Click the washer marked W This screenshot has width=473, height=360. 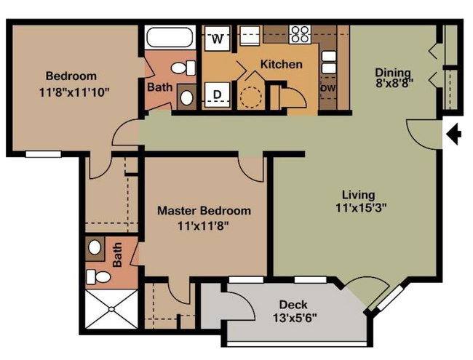coord(217,39)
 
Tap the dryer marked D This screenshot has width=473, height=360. coord(217,95)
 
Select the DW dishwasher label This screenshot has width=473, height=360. coord(328,88)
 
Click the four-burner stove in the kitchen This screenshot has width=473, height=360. coord(300,34)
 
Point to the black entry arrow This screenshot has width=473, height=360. coord(453,134)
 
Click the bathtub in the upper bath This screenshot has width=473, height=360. coord(170,37)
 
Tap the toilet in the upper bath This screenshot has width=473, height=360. coord(183,68)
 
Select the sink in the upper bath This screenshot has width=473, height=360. coord(186,97)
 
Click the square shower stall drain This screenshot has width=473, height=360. coord(111,309)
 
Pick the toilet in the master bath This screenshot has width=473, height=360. coord(98,277)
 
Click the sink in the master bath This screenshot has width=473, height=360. coord(95,248)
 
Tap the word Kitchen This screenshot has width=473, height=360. coord(281,64)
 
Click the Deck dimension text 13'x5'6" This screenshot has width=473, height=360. coord(295,318)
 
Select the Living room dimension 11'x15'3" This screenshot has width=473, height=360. coord(361,208)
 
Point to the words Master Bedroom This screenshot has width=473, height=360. coord(204,210)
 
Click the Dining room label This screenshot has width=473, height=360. coord(394,73)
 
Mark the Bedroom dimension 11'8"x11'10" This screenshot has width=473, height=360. coord(73,92)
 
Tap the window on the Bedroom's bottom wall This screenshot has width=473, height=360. coord(44,154)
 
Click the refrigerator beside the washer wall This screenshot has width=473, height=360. coord(250,36)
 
